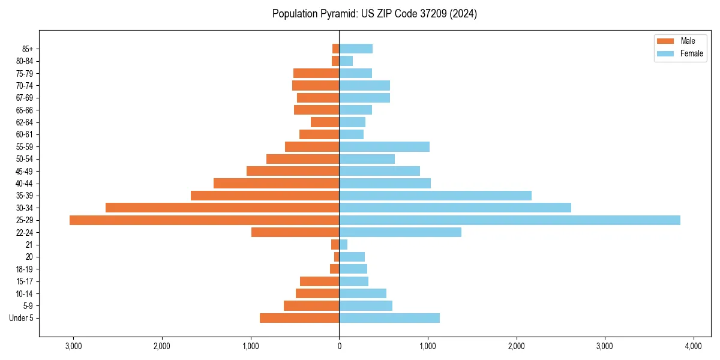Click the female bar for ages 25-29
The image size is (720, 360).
pyautogui.click(x=509, y=220)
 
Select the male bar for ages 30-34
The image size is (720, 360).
pyautogui.click(x=222, y=208)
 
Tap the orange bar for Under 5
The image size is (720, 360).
pyautogui.click(x=299, y=318)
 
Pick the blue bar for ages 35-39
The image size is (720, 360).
pyautogui.click(x=435, y=196)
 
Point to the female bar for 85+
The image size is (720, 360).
pyautogui.click(x=356, y=49)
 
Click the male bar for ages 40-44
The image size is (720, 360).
pyautogui.click(x=276, y=183)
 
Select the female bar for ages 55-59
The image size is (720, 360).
pyautogui.click(x=384, y=146)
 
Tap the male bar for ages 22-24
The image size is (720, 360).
pyautogui.click(x=295, y=232)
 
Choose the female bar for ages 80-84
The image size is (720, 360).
pyautogui.click(x=346, y=61)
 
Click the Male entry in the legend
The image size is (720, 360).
pyautogui.click(x=688, y=41)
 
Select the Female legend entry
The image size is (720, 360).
pyautogui.click(x=691, y=53)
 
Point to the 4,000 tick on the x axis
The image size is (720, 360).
pyautogui.click(x=693, y=346)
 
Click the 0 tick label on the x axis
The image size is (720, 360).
pyautogui.click(x=339, y=346)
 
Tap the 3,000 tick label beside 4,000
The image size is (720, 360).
pyautogui.click(x=605, y=346)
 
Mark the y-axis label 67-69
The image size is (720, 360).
pyautogui.click(x=25, y=98)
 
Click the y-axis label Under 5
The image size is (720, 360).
pyautogui.click(x=21, y=318)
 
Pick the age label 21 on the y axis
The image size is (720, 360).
pyautogui.click(x=29, y=245)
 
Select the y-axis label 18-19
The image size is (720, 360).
pyautogui.click(x=25, y=269)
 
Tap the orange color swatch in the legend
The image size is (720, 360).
pyautogui.click(x=665, y=41)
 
